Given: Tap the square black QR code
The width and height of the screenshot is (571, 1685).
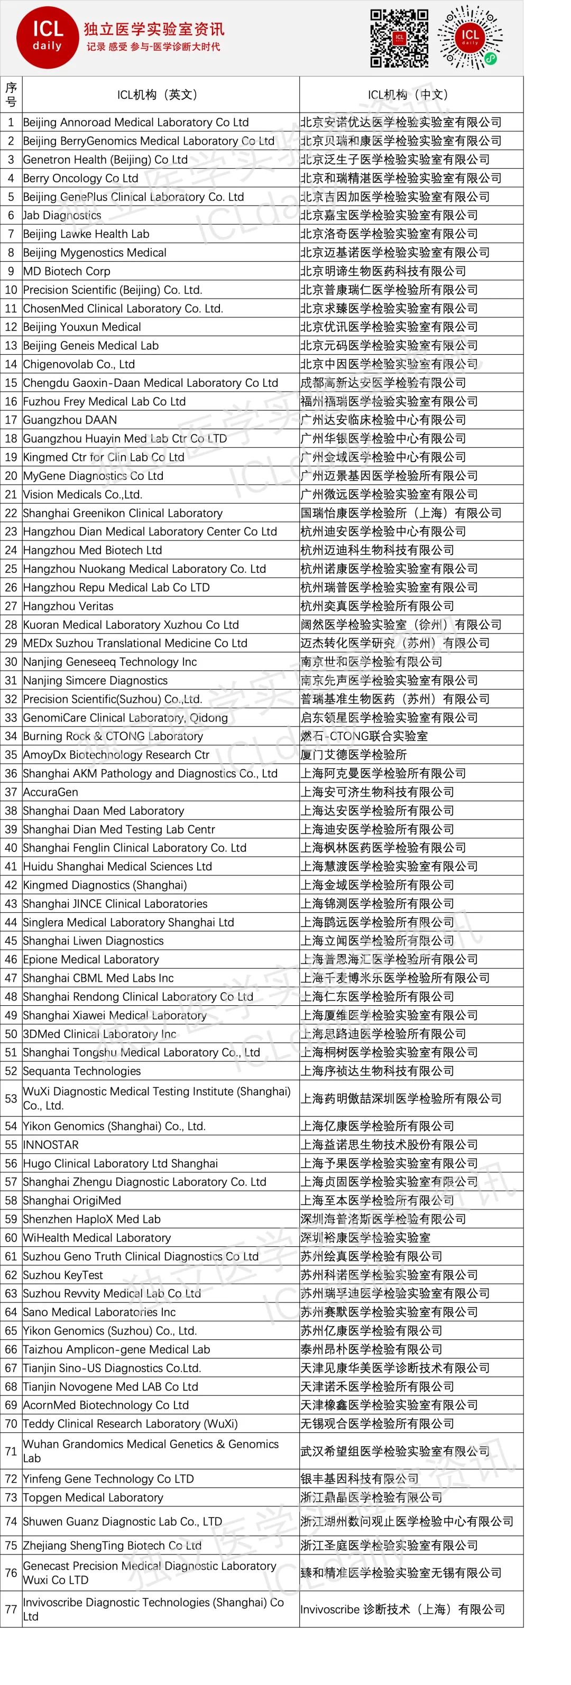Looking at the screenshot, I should pos(399,38).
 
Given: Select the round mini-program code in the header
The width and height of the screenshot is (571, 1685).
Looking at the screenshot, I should pos(469,38).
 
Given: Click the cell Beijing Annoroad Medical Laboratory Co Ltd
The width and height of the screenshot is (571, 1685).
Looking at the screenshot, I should pos(135,122).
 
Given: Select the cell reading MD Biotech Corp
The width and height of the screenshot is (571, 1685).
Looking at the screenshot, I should pos(67,271).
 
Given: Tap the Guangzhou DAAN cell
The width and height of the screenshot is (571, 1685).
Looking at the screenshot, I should pos(70,420).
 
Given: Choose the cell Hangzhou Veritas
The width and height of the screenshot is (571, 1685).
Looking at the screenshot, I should pos(68,606).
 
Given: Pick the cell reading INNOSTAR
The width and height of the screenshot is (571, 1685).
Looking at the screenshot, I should pos(51,1145).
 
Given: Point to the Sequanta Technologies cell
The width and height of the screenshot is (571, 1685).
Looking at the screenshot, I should pos(82,1071).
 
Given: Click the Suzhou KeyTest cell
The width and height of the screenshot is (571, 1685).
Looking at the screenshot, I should pos(63,1275).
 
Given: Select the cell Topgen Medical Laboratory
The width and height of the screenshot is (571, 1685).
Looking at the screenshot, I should pos(93,1497).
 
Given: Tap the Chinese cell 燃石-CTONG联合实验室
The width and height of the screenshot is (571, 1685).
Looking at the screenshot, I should pos(364,736).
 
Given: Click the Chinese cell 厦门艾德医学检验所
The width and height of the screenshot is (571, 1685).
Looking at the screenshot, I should pos(353,755).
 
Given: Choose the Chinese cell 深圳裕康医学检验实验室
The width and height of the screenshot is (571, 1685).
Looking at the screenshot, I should pos(365,1237).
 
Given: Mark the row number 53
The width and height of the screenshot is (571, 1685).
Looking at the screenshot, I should pos(11,1098).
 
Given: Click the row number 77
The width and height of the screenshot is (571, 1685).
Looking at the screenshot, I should pos(11,1608).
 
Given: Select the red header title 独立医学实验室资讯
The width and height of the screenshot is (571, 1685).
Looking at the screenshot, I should pos(154,29).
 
